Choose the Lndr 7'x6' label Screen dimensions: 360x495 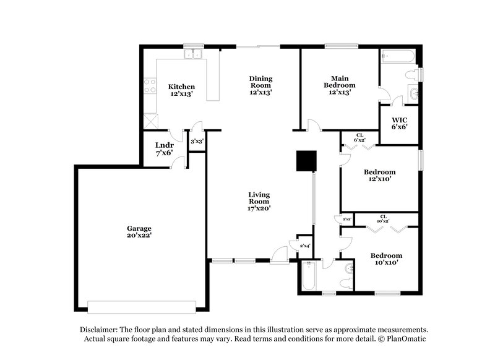[164, 148]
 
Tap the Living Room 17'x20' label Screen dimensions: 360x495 [259, 202]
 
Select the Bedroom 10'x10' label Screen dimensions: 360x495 [386, 259]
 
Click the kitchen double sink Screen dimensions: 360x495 [195, 54]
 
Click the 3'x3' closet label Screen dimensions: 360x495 [197, 142]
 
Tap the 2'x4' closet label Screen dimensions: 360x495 [304, 246]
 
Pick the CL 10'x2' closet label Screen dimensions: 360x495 [384, 218]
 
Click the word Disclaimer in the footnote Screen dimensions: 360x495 [98, 330]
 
